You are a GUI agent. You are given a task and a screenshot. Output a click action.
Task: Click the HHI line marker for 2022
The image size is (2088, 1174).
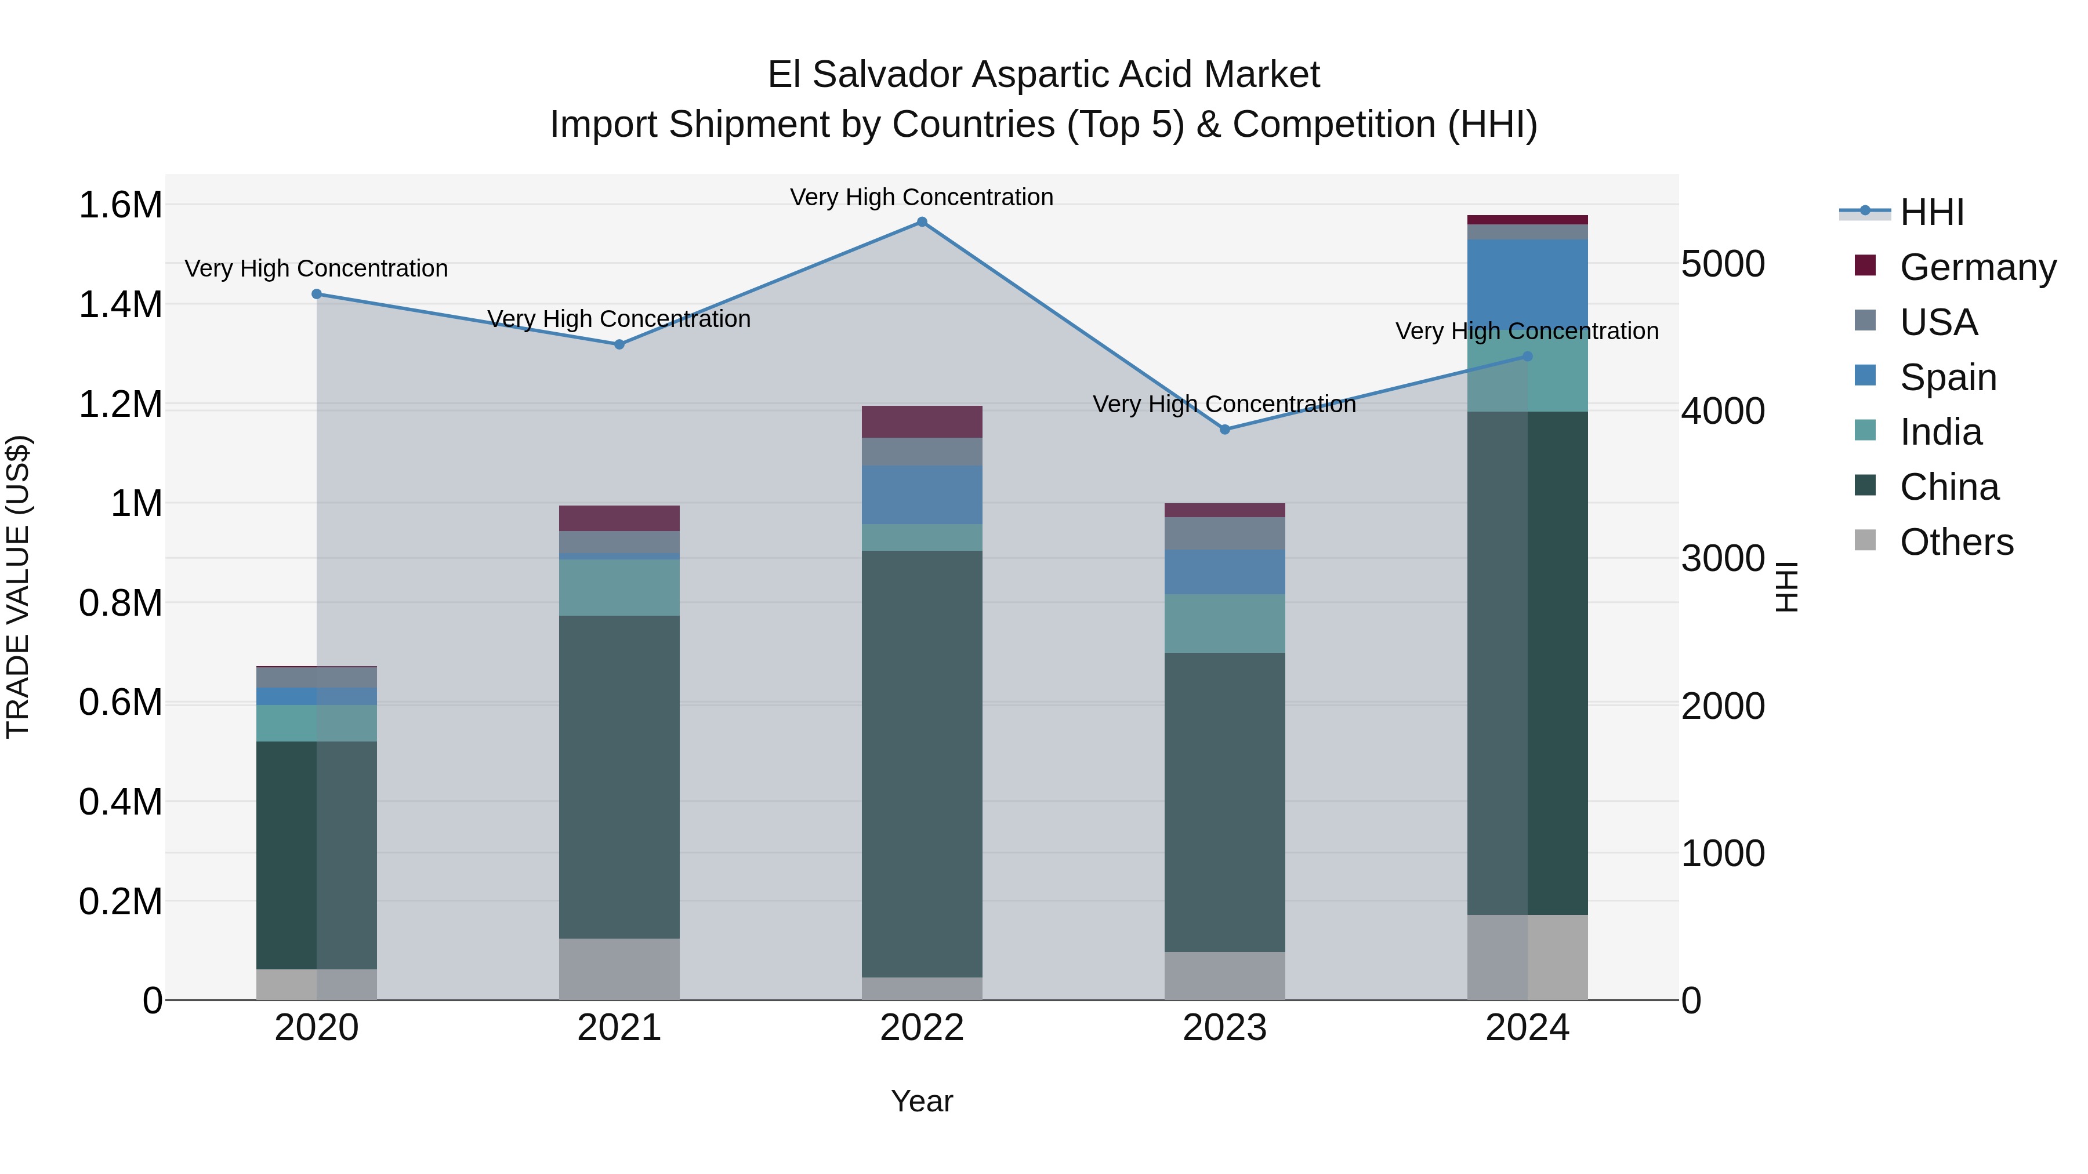(x=922, y=222)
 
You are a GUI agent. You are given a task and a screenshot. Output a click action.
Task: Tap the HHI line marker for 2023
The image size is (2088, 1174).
(x=1225, y=430)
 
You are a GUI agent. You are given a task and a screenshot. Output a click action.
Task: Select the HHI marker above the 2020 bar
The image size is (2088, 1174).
(x=317, y=294)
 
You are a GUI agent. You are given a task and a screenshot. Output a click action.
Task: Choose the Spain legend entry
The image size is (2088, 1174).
(x=1947, y=377)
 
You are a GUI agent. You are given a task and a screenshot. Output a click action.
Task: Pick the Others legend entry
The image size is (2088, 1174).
(x=1955, y=542)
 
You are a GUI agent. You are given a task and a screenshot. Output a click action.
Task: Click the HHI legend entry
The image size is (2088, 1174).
(x=1931, y=212)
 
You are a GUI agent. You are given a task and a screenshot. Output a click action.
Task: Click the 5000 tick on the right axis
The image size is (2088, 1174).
(x=1723, y=264)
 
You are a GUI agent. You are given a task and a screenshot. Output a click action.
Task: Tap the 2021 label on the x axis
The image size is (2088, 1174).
(x=619, y=1028)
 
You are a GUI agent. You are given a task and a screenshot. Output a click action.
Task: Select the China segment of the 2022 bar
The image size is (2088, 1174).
(x=922, y=762)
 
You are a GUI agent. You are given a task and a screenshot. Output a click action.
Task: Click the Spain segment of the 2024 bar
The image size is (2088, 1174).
(x=1527, y=283)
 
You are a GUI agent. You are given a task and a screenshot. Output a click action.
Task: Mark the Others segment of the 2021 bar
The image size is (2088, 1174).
(x=619, y=969)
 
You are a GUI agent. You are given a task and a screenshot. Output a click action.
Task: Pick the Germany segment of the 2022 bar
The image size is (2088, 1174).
(x=922, y=422)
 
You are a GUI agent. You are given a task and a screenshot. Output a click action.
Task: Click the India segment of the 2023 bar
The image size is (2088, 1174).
(x=1225, y=623)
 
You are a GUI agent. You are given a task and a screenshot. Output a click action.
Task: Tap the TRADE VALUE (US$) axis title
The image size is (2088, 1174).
(x=18, y=587)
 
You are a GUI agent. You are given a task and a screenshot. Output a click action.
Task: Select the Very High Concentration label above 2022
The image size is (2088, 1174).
(x=922, y=197)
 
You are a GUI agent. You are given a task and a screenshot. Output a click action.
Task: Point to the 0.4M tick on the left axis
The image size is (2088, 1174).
(x=120, y=802)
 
